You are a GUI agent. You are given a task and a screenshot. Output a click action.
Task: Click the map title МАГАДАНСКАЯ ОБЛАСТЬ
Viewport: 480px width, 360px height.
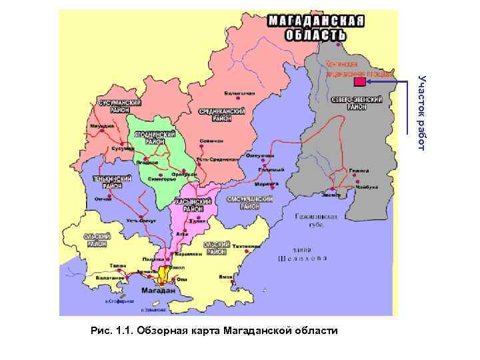click(316, 27)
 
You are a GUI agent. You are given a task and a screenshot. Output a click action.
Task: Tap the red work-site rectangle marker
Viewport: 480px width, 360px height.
click(359, 82)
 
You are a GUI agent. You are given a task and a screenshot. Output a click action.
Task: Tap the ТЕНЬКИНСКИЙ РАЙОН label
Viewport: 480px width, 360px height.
click(112, 183)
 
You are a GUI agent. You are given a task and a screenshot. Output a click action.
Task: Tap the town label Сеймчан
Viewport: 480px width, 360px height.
click(211, 141)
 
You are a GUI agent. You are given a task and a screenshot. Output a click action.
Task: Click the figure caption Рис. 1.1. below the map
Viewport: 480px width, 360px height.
click(213, 331)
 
